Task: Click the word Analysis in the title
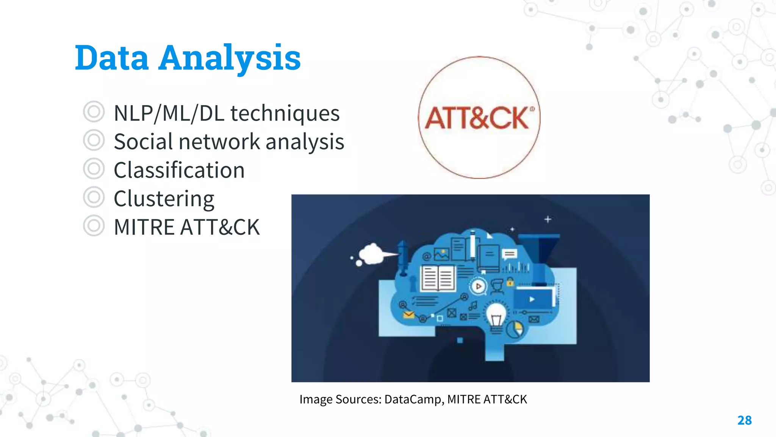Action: coord(229,58)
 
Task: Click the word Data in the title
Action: coord(112,58)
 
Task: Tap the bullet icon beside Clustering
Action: coord(94,197)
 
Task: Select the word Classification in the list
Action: coord(179,170)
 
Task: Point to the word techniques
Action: coord(285,113)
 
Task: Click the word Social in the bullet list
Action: coord(144,141)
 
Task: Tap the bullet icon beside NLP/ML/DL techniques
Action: coord(94,112)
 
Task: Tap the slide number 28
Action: coord(744,420)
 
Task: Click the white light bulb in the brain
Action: coord(496,315)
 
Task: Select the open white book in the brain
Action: coord(438,278)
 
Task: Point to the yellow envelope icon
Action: coord(408,314)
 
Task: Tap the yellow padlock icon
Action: coord(510,282)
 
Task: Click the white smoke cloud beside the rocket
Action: coord(371,253)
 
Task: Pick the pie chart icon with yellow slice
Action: coord(515,329)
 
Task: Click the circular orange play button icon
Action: coord(479,286)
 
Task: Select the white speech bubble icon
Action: coord(509,254)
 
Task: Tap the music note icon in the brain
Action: coord(473,305)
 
